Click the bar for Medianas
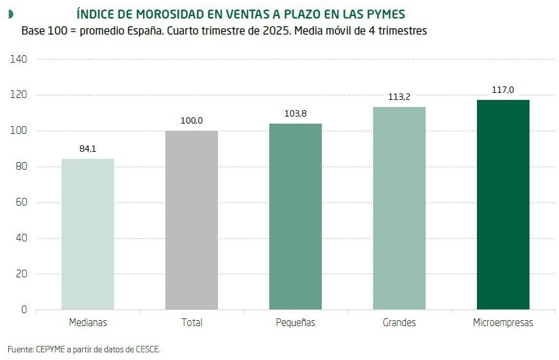pos(88,234)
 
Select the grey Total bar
pos(192,220)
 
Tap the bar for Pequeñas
pos(296,217)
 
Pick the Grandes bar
pos(399,208)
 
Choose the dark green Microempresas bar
pos(503,205)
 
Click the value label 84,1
pos(88,149)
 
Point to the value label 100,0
pos(192,120)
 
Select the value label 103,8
pos(296,113)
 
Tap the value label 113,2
pos(399,97)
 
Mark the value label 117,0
pos(503,90)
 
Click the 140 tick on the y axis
pos(19,59)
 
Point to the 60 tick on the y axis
pos(21,202)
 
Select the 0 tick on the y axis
pos(24,310)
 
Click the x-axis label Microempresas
pos(503,323)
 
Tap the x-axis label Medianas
pos(88,323)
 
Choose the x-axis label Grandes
pos(399,323)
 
